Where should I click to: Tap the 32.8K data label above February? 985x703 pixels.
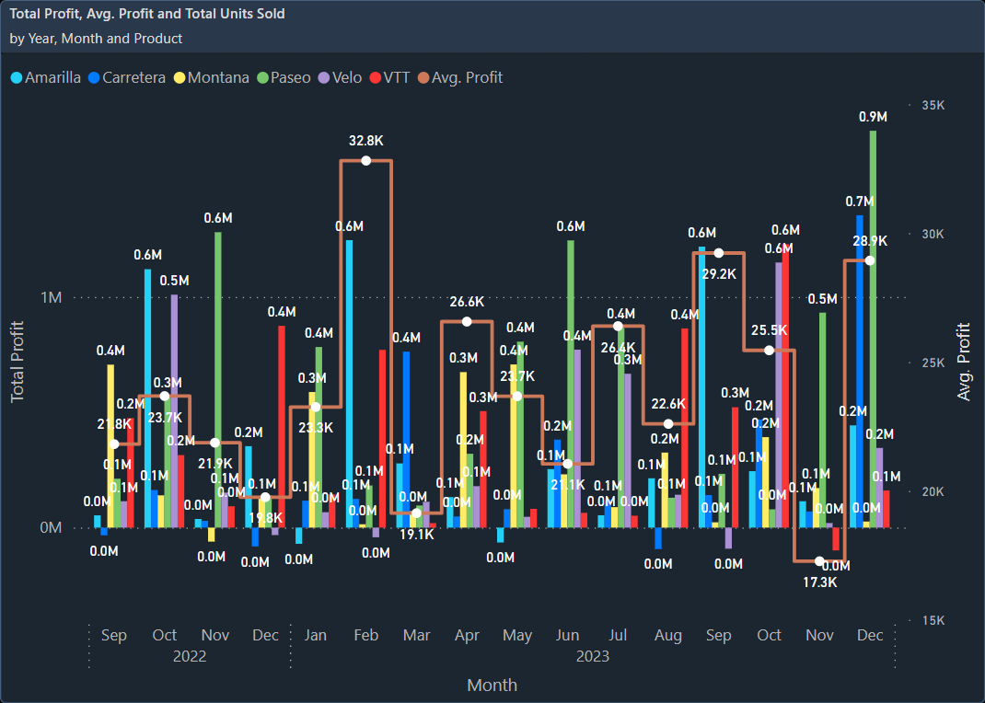tap(366, 141)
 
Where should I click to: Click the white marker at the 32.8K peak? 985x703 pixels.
tap(366, 161)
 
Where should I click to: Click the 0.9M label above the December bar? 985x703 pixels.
tap(873, 117)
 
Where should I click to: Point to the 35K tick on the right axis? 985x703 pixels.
tap(933, 106)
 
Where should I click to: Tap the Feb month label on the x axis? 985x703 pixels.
tap(366, 635)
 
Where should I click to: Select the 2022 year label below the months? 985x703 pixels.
tap(190, 656)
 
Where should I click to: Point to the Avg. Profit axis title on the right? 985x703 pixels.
tap(964, 361)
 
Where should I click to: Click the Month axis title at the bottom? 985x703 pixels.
tap(492, 685)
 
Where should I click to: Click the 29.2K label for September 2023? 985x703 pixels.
tap(719, 273)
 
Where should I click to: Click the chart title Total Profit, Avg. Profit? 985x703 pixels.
tap(147, 14)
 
